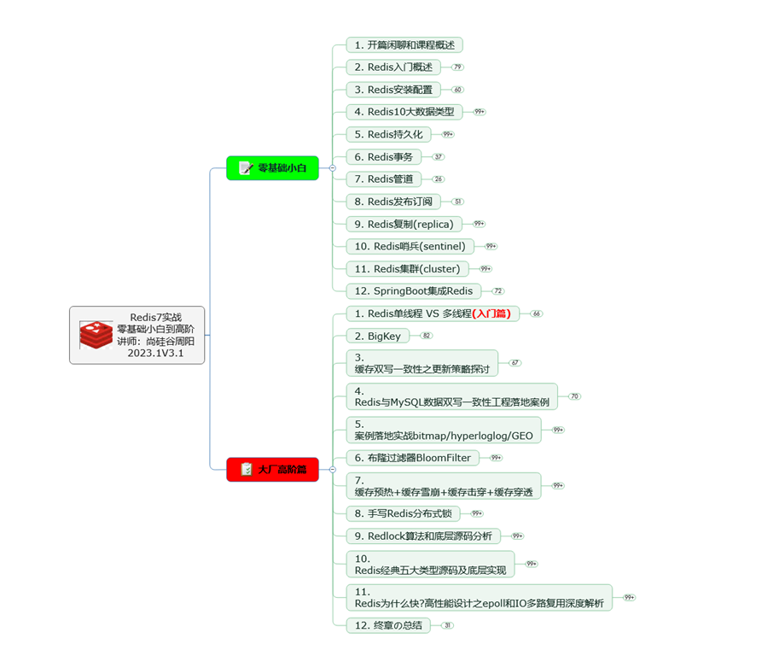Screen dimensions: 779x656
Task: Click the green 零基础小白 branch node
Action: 272,168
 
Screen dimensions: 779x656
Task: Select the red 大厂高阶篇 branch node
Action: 272,469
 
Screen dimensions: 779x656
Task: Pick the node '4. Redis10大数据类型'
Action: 404,111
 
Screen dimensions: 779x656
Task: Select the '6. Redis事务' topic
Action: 383,156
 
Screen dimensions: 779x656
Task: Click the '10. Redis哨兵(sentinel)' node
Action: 410,246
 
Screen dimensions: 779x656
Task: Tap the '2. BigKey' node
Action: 377,336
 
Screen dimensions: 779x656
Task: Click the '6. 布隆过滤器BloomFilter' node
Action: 412,458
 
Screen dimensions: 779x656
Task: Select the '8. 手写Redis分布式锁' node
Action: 402,513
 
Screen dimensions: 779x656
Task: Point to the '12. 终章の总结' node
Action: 387,625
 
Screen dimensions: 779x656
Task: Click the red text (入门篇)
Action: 495,313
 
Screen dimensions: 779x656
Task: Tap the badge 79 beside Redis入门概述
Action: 458,67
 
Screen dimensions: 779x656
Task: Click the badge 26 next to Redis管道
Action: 438,179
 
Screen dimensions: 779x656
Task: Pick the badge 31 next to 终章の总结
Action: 447,625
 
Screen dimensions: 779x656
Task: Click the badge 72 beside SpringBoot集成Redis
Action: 497,291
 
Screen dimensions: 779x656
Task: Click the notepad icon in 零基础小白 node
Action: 246,168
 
